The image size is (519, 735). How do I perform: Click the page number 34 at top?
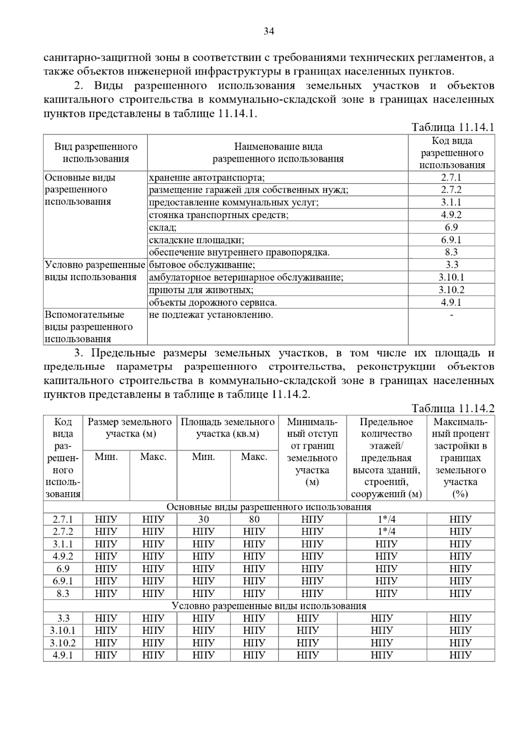[269, 31]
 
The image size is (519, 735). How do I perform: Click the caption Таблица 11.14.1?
[452, 127]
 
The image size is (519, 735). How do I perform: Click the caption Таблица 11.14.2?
[452, 408]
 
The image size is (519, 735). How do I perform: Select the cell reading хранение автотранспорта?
[207, 177]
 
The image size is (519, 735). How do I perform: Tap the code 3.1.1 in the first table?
[451, 202]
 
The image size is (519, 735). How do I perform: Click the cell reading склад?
[163, 227]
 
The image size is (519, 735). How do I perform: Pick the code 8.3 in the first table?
[451, 252]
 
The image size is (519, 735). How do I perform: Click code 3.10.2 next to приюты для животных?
[451, 290]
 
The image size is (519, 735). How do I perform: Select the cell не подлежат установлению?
[211, 315]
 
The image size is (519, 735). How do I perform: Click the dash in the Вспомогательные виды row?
[451, 315]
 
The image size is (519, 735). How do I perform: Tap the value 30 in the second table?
[203, 519]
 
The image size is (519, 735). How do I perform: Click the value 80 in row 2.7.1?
[254, 519]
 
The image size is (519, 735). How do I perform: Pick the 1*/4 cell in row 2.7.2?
[386, 532]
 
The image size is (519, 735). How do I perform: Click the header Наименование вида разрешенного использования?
[278, 153]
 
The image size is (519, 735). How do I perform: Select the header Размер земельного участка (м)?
[130, 428]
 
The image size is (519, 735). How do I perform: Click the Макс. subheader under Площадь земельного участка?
[254, 457]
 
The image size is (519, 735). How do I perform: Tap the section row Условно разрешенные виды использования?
[269, 606]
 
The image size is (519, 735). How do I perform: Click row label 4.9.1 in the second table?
[63, 655]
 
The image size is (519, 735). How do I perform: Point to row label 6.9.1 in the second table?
[63, 581]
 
